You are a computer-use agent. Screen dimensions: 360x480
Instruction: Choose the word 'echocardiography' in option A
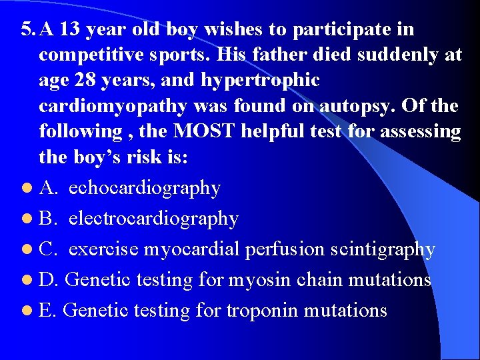point(145,189)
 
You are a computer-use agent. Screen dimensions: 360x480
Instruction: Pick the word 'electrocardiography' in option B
point(153,219)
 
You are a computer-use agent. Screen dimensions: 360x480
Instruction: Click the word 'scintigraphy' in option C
point(387,249)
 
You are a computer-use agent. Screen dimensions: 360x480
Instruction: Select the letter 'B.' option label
point(49,219)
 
